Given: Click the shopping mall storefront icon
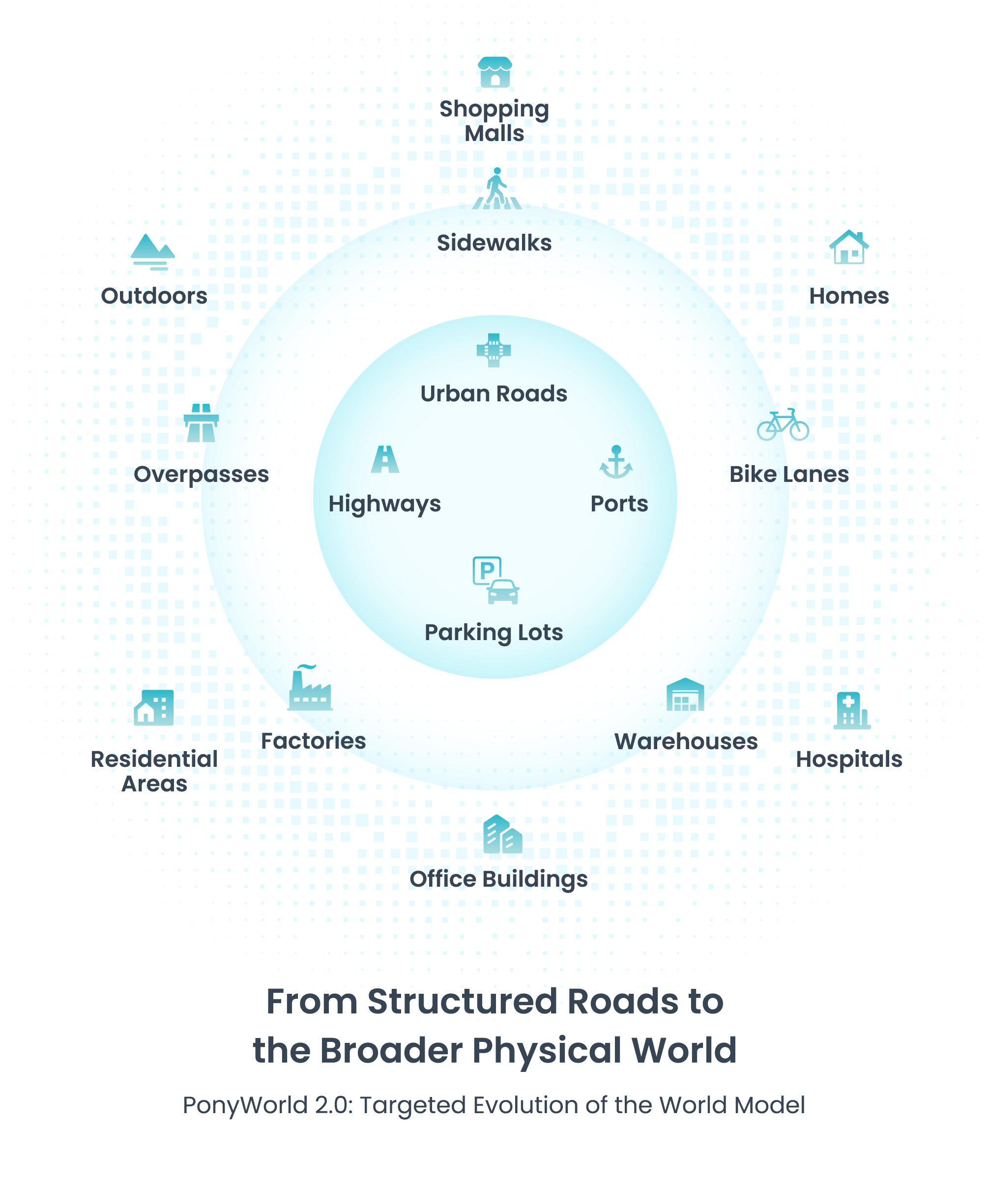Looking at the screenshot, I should pyautogui.click(x=494, y=72).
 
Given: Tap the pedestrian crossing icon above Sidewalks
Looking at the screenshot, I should pyautogui.click(x=496, y=189).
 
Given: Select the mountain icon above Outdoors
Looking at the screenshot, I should pyautogui.click(x=153, y=252).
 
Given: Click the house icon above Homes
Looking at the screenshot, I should pyautogui.click(x=849, y=248).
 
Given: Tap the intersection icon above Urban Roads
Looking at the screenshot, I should pyautogui.click(x=494, y=351).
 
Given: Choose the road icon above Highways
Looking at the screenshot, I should pyautogui.click(x=385, y=459).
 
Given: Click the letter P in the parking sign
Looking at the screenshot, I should pyautogui.click(x=486, y=570).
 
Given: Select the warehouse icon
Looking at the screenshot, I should pyautogui.click(x=685, y=695).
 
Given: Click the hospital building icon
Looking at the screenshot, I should pyautogui.click(x=851, y=710).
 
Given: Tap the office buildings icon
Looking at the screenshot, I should pyautogui.click(x=502, y=835).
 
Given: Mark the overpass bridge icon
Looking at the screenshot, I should pyautogui.click(x=201, y=423).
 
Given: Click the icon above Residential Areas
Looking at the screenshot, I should pyautogui.click(x=154, y=707).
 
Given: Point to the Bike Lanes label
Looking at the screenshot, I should pyautogui.click(x=789, y=475).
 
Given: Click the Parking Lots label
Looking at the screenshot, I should pyautogui.click(x=494, y=633).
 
